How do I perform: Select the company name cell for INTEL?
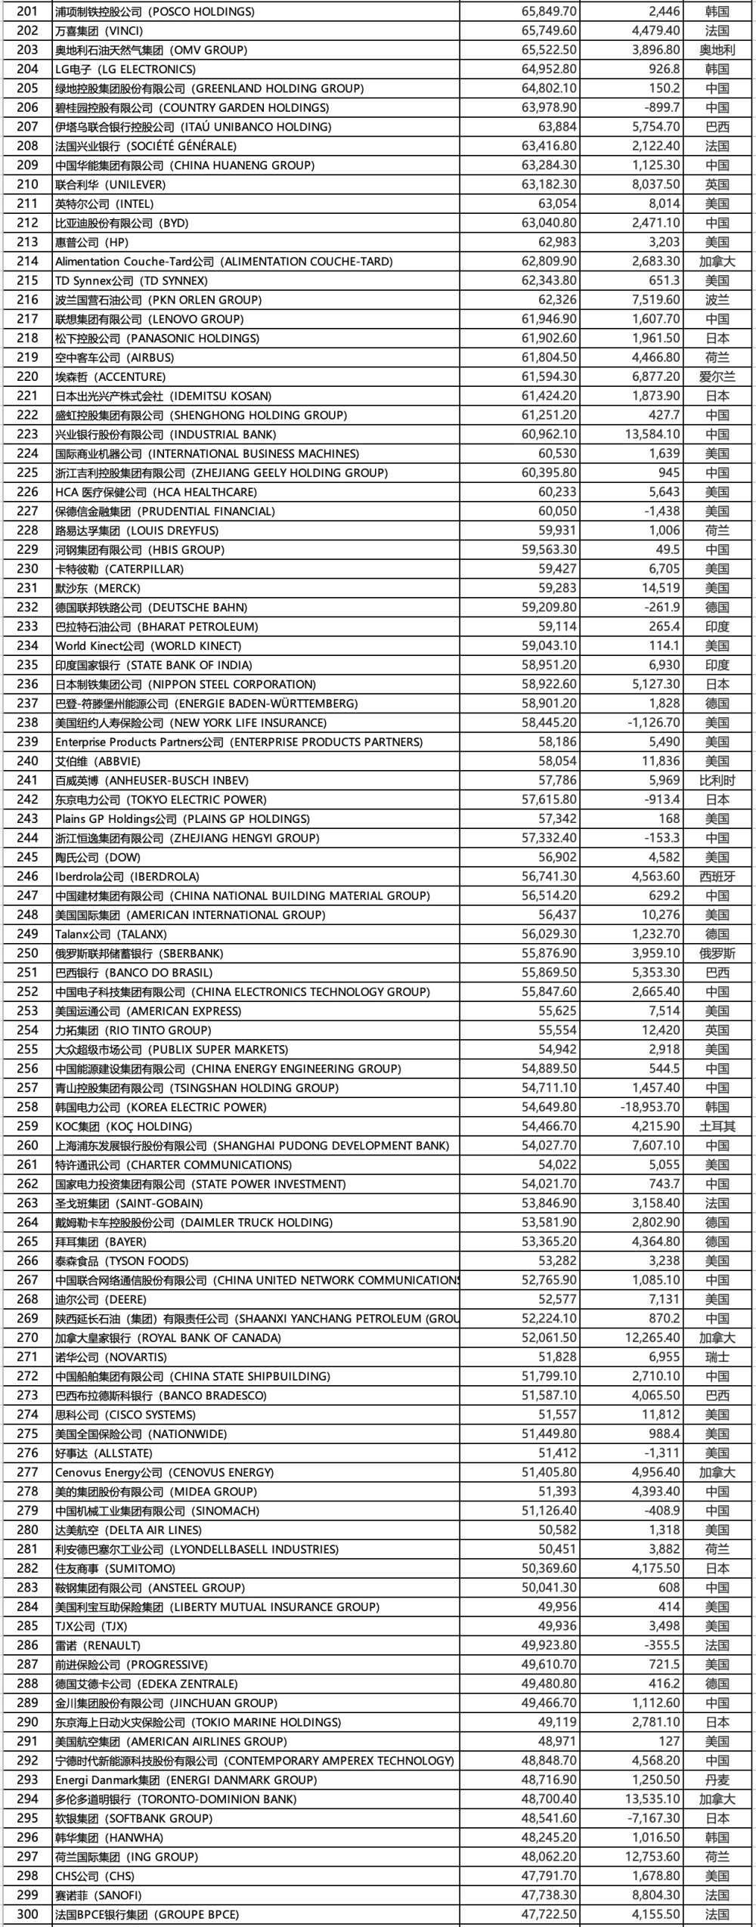point(104,204)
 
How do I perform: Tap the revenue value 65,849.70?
point(549,11)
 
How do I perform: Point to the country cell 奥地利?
point(717,50)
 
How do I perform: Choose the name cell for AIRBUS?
point(114,357)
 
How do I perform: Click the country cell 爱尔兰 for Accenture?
point(717,376)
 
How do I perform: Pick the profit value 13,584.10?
point(655,435)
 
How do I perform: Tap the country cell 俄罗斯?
point(717,954)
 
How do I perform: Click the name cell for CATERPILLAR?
point(119,569)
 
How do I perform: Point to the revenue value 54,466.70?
point(549,1126)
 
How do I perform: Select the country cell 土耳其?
point(717,1126)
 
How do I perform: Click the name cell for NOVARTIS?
point(111,1357)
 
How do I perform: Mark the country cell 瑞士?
point(717,1357)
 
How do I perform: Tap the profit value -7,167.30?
point(655,1818)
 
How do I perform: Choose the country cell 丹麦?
point(717,1780)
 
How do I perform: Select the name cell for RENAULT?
point(98,1645)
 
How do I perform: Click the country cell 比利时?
point(717,780)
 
